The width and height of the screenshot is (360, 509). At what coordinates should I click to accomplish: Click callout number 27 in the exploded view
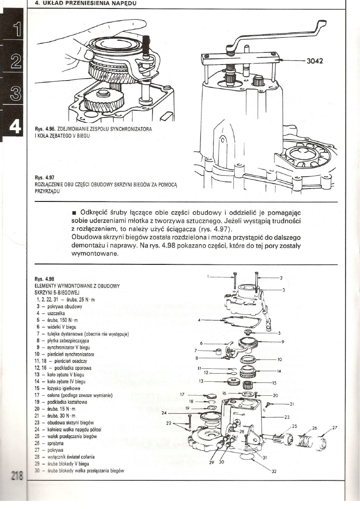pyautogui.click(x=334, y=428)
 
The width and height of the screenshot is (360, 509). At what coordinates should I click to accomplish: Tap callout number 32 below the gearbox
pyautogui.click(x=274, y=473)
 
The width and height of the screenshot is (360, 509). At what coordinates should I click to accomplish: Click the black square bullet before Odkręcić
pyautogui.click(x=75, y=213)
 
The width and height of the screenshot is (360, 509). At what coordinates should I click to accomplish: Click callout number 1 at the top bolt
pyautogui.click(x=208, y=277)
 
